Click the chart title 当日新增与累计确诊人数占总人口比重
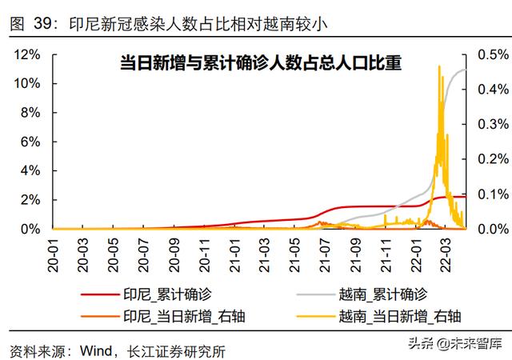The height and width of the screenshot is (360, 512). (x=260, y=62)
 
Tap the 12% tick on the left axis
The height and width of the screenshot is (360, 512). (x=29, y=54)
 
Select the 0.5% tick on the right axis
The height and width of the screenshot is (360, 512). (x=490, y=54)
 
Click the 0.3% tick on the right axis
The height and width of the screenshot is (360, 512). (x=490, y=124)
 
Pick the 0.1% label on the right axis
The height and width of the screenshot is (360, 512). (x=490, y=194)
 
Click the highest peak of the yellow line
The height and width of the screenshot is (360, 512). (x=439, y=66)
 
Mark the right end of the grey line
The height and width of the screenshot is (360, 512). (x=466, y=70)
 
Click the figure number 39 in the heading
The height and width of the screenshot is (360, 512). (x=40, y=25)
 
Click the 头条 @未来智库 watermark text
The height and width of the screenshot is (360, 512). (x=454, y=345)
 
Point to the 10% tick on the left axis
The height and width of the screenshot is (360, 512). (x=29, y=83)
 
